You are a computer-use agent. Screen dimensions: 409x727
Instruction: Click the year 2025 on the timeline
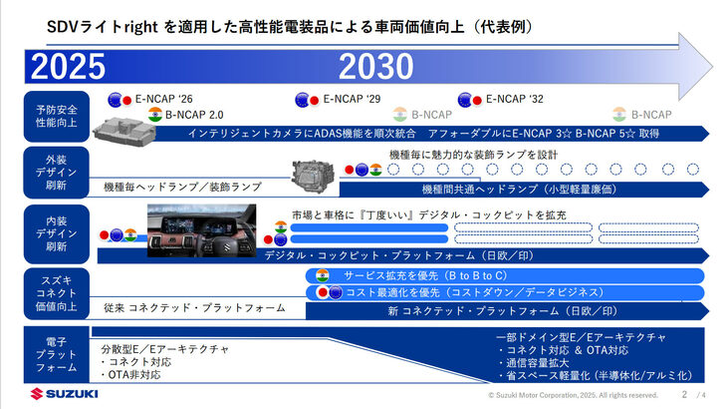pos(68,67)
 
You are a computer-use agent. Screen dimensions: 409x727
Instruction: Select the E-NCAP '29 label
pos(352,99)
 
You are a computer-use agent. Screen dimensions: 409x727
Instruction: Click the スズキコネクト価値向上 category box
pos(56,292)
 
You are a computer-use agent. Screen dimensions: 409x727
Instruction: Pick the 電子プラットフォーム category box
pos(56,355)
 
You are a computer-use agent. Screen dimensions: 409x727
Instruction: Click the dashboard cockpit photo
pos(203,230)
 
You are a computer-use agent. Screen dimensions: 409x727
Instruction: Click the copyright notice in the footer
pos(573,396)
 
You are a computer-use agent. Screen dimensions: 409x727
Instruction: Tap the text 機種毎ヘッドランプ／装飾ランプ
pos(182,187)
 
